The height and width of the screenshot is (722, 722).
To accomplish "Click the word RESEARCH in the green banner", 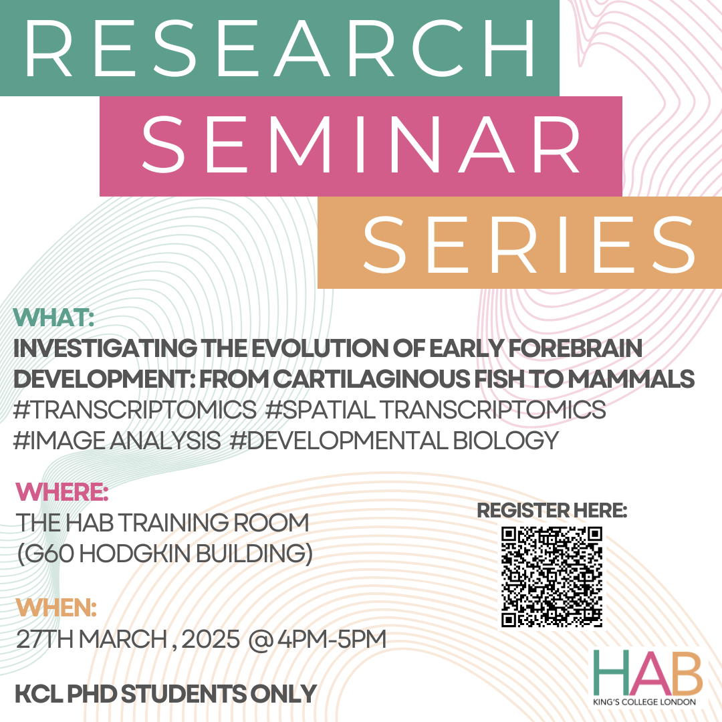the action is click(279, 48).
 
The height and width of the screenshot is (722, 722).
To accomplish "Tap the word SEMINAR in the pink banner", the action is click(361, 144).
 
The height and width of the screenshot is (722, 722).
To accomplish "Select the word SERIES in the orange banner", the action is click(529, 245).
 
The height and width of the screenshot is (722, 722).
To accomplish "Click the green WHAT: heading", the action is click(54, 318).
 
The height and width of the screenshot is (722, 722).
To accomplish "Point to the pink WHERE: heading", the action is click(62, 492).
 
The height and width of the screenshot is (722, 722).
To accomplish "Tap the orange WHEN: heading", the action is click(56, 608).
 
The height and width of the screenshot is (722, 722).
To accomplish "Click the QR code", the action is click(552, 577).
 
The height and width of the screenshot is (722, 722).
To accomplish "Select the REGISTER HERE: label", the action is click(552, 510).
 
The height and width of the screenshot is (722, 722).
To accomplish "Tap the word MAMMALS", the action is click(631, 379).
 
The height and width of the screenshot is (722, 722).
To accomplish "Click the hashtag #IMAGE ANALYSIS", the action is click(117, 441).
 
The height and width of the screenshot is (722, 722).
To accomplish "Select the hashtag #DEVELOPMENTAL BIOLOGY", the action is click(394, 441).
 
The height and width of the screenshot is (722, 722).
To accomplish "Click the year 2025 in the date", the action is click(211, 639).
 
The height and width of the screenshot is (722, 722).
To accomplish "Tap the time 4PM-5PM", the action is click(332, 639).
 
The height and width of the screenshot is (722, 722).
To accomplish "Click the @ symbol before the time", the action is click(261, 640).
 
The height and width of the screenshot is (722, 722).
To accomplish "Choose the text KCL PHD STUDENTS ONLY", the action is click(166, 694).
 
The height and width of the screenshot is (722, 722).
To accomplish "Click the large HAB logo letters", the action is click(647, 673).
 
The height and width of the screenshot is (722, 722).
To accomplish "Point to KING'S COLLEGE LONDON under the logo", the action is click(644, 702).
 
